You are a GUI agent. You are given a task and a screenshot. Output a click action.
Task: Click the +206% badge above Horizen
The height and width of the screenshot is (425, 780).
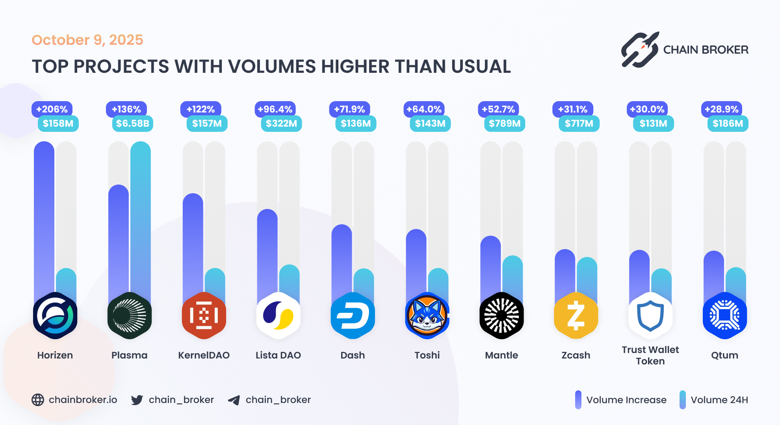(x=52, y=109)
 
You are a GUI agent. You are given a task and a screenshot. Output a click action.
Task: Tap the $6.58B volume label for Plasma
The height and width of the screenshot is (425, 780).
(x=133, y=124)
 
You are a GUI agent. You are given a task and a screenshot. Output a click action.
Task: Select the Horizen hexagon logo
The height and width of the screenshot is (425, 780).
(x=55, y=315)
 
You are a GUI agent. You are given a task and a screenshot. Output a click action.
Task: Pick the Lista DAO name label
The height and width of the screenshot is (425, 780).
(x=278, y=355)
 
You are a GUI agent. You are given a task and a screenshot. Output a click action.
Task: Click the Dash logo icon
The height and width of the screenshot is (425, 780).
(x=353, y=315)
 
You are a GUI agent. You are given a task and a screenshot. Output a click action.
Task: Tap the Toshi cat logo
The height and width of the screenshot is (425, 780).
(x=427, y=315)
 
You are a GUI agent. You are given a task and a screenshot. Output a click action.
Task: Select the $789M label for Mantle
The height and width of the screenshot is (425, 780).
(x=505, y=124)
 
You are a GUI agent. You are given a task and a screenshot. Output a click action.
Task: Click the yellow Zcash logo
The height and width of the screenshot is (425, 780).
(x=576, y=315)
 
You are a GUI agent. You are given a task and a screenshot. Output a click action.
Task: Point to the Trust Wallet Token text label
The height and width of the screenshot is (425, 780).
(x=650, y=355)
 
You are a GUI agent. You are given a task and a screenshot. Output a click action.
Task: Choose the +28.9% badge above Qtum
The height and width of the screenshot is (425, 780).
(x=721, y=109)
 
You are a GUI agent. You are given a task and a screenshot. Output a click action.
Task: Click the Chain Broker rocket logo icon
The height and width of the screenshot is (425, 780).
(x=640, y=50)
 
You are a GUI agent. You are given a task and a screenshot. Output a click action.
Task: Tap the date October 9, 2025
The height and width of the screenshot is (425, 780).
(x=87, y=40)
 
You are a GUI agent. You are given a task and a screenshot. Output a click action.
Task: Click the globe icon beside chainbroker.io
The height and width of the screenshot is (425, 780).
(x=38, y=400)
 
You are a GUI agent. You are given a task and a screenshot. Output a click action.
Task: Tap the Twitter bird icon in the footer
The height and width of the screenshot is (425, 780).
(x=137, y=400)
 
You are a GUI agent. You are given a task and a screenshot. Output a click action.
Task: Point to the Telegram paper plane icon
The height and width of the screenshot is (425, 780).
(x=234, y=400)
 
